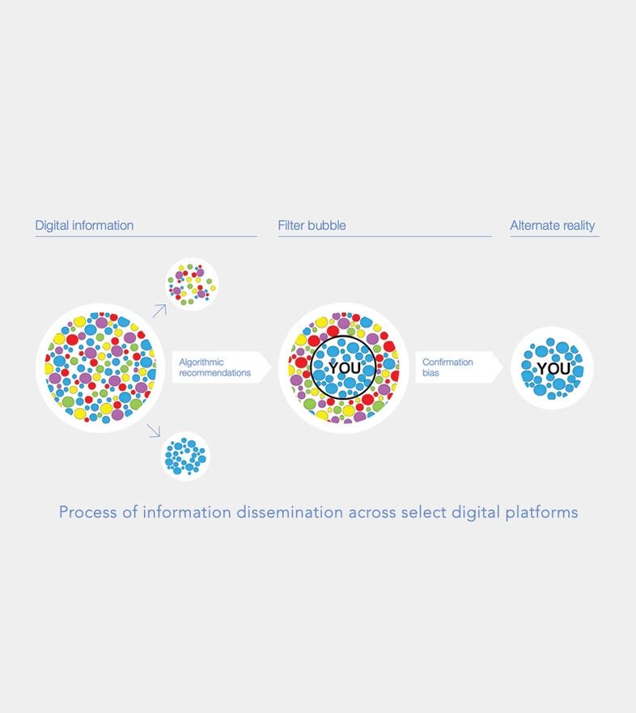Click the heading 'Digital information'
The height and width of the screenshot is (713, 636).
coord(85,226)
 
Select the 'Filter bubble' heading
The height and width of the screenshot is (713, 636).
coord(312,226)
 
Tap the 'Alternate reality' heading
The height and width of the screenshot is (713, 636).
coord(553,226)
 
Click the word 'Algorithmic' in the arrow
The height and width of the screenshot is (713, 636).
coord(201,363)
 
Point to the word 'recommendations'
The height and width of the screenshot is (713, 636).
coord(214,373)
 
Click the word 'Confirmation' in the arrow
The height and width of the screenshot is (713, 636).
coord(447,363)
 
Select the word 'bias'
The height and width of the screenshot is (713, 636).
coord(430,373)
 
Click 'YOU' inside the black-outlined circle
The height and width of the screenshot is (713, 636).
coord(345,368)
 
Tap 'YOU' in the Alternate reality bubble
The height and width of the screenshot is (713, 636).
coord(553,368)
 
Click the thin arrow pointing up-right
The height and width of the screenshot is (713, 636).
coord(159,311)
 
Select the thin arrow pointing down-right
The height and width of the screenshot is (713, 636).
coord(154,431)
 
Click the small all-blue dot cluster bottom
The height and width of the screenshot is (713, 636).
coord(185,456)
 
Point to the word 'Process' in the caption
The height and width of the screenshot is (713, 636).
coord(88,512)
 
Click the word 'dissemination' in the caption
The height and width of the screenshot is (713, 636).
coord(290,512)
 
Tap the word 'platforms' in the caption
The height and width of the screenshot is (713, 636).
coord(542,513)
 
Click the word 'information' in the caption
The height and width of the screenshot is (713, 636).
coord(187,512)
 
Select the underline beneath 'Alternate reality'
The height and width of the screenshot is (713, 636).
coord(554,236)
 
